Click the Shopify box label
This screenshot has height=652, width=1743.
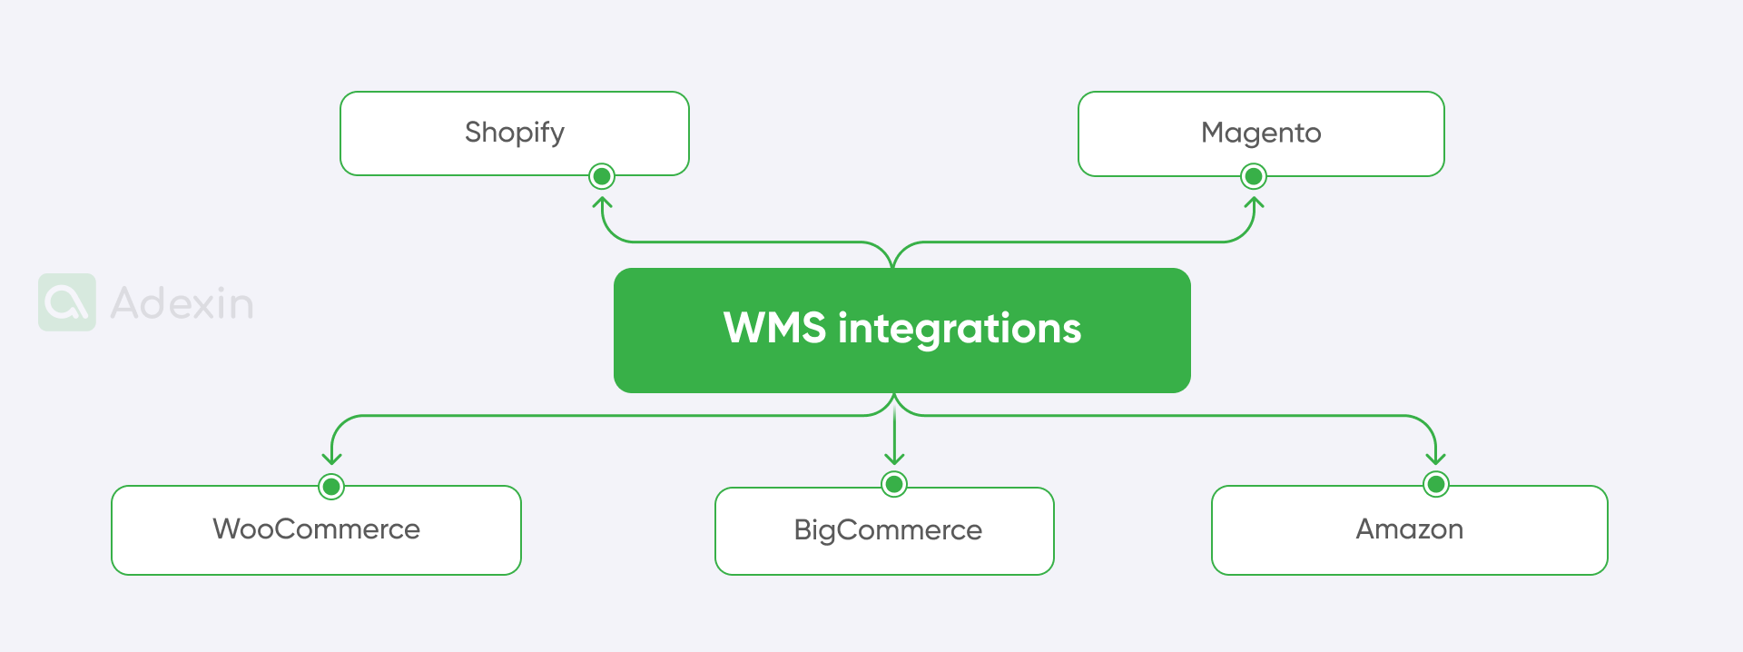click(514, 133)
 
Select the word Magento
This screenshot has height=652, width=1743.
click(1261, 133)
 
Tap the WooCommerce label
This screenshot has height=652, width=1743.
click(316, 529)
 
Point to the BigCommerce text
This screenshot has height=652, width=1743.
click(887, 530)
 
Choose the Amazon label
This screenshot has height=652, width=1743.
click(1409, 529)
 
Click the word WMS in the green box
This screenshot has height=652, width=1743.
click(774, 328)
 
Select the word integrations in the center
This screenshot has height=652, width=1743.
click(959, 329)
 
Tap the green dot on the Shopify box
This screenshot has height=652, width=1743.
click(602, 175)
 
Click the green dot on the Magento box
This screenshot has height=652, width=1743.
click(1254, 175)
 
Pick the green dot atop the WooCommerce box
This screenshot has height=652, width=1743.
click(331, 487)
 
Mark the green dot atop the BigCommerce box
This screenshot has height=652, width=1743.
click(894, 484)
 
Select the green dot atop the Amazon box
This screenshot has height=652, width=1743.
click(1435, 484)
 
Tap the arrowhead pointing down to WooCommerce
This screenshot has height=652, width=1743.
click(332, 459)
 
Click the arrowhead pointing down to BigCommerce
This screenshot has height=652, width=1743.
click(894, 459)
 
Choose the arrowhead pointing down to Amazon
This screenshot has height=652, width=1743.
click(1435, 459)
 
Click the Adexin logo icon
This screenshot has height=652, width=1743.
click(66, 302)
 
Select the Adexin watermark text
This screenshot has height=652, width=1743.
click(182, 303)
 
